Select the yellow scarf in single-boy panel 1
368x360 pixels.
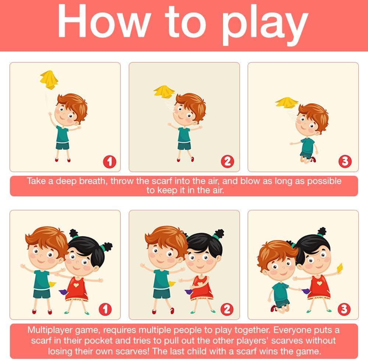pos(49,80)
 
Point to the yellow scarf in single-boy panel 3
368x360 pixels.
pos(287,103)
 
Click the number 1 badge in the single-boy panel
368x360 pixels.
pos(110,161)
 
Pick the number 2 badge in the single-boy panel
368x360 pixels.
pos(227,161)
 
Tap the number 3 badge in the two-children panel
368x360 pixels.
pos(344,309)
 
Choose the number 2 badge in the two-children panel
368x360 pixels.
pos(227,309)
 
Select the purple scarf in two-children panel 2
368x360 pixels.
pos(188,292)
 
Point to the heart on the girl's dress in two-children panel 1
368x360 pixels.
pos(76,285)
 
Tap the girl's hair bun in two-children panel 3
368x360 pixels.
pos(321,231)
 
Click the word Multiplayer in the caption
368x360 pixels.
pos(50,330)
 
